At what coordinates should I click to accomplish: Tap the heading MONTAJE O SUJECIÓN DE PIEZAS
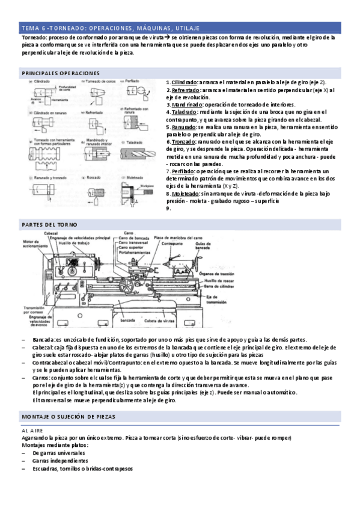68,416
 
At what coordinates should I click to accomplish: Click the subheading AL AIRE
32,431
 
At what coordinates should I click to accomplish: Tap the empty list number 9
168,208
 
